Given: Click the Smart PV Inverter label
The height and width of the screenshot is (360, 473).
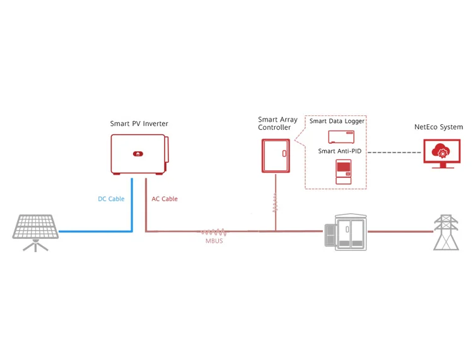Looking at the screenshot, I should pos(139,124).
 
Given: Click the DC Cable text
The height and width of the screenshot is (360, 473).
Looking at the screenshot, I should pos(111,199).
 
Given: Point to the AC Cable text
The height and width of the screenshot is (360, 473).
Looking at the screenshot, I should pos(165,199).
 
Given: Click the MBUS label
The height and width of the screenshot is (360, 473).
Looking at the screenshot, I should pos(214,241).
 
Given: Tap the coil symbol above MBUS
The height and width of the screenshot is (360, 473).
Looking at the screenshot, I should pos(214,231).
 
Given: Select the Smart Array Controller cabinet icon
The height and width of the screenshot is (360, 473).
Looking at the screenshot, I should pos(276,155).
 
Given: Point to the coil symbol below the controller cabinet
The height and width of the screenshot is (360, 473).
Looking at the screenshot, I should pos(275,202).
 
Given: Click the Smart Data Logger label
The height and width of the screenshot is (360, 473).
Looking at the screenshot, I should pos(337,121).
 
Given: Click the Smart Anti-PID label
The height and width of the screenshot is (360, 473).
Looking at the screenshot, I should pos(339,151).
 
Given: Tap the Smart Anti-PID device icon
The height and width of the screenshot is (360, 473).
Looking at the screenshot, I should pos(343,171).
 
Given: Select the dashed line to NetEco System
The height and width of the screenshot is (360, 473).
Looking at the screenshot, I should pos(394,153).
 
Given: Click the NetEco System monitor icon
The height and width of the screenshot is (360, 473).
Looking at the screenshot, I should pos(442,153).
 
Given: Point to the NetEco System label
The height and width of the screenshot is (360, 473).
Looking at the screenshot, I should pos(438,127).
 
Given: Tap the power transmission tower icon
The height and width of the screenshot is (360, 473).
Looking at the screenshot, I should pos(446,231).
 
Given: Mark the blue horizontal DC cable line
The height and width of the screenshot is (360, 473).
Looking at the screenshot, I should pos(95,231).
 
